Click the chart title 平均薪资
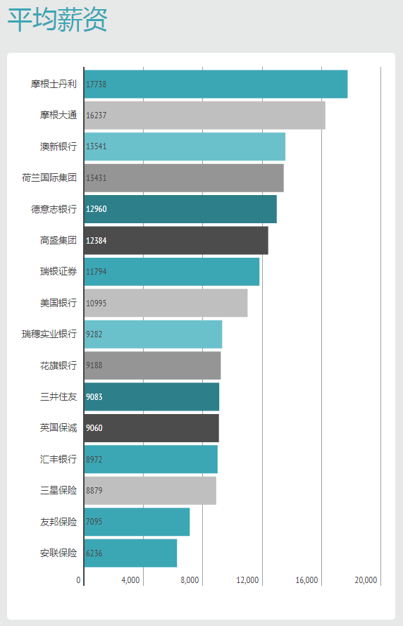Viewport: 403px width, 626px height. coord(58,20)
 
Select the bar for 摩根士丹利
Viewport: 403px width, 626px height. coord(216,84)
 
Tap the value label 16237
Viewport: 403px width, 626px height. coord(97,115)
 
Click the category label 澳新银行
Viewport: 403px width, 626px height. coord(58,146)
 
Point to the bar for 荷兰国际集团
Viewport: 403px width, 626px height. coord(184,178)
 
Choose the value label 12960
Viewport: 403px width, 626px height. coord(97,209)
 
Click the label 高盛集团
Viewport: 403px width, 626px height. coord(58,240)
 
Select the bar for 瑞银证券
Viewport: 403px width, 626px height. coord(172,272)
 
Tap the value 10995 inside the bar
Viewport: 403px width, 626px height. coord(97,303)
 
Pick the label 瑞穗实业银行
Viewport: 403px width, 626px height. coord(49,334)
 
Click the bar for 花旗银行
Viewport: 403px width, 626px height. coord(153,365)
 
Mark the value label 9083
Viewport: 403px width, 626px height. coord(94,397)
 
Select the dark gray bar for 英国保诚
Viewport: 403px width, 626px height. coord(151,428)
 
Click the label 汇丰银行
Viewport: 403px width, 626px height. coord(58,459)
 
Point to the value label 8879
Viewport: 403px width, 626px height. coord(94,491)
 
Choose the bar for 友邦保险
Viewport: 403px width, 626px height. coord(137,522)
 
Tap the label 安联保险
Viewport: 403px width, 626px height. coord(58,553)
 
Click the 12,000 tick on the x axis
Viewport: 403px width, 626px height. coord(247,580)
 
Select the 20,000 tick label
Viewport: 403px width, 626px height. coord(366,580)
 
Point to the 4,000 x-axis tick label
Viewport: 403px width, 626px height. coord(130,580)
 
